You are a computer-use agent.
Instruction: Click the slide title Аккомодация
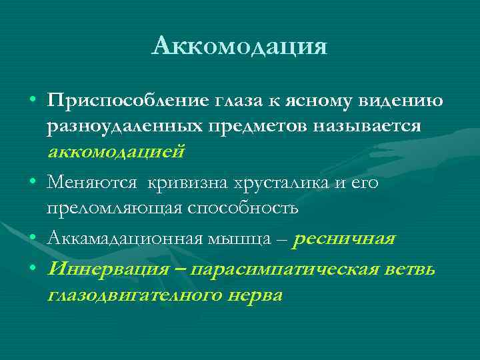coord(239,46)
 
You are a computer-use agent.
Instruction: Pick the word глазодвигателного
coord(133,295)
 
